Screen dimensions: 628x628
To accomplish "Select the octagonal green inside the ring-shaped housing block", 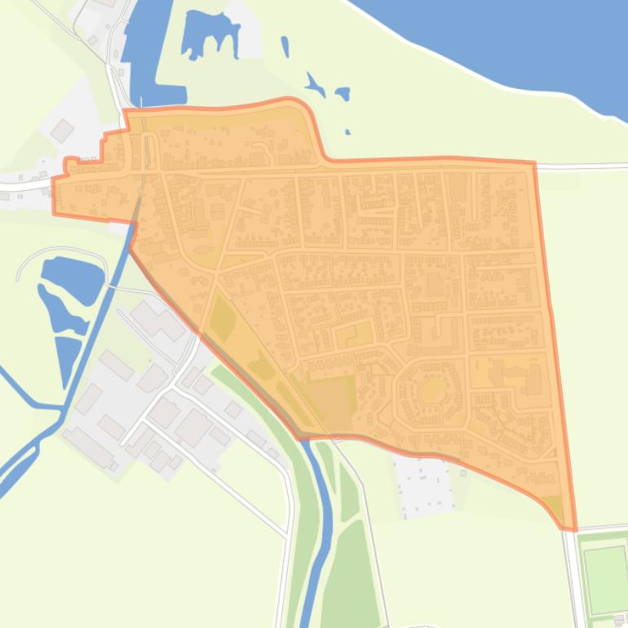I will [x=432, y=390].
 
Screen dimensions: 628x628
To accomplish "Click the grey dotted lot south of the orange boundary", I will [x=422, y=485].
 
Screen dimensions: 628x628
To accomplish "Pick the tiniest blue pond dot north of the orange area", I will [x=348, y=131].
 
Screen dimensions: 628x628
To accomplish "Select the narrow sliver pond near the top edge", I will [x=285, y=46].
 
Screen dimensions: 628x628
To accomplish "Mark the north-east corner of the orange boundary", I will [x=534, y=164].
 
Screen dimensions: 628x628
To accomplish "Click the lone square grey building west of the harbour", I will [x=62, y=130].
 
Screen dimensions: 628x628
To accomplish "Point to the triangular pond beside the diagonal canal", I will [x=68, y=359].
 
